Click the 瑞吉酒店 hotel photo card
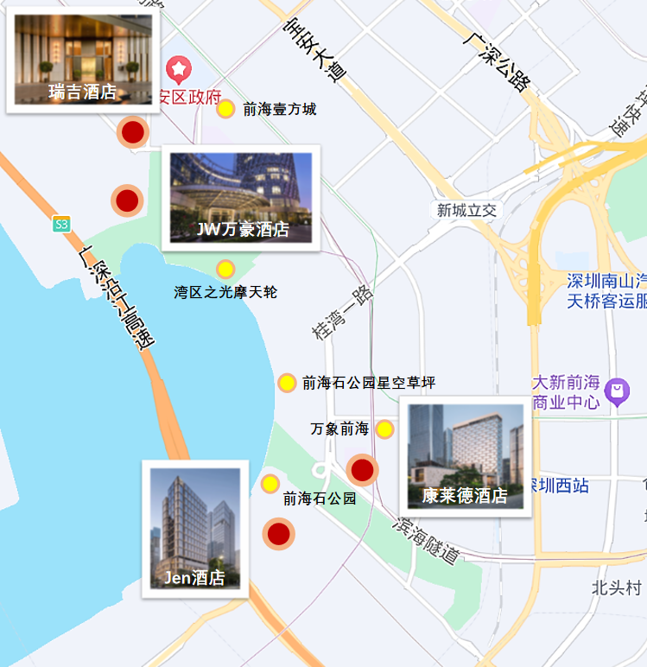pyautogui.click(x=83, y=58)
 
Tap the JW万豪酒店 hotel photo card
pyautogui.click(x=241, y=198)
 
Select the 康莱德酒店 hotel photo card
pyautogui.click(x=465, y=456)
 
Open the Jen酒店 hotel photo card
pyautogui.click(x=195, y=529)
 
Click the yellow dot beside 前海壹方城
pyautogui.click(x=225, y=109)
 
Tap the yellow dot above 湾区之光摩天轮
pyautogui.click(x=225, y=269)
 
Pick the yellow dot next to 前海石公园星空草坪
pyautogui.click(x=287, y=383)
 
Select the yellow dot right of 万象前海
pyautogui.click(x=384, y=429)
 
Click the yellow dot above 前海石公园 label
pyautogui.click(x=270, y=484)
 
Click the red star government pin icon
pyautogui.click(x=179, y=67)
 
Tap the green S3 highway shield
pyautogui.click(x=60, y=225)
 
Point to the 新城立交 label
pyautogui.click(x=466, y=210)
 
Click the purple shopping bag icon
pyautogui.click(x=617, y=391)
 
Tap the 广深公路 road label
pyautogui.click(x=495, y=62)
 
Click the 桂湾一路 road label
pyautogui.click(x=343, y=313)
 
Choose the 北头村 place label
pyautogui.click(x=616, y=588)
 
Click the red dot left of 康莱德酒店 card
pyautogui.click(x=362, y=470)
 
